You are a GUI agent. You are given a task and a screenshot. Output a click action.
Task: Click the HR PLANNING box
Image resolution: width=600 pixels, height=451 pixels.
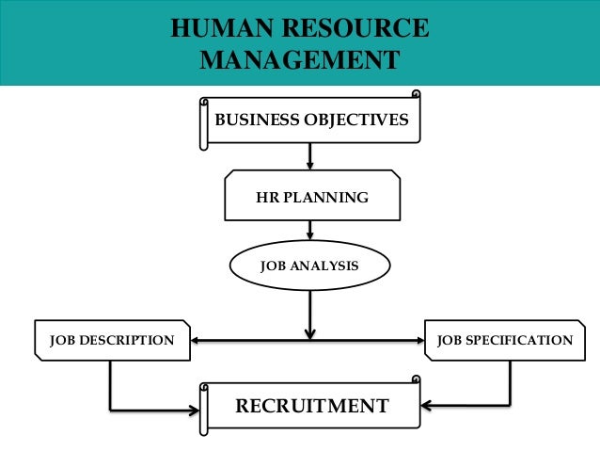point(312,198)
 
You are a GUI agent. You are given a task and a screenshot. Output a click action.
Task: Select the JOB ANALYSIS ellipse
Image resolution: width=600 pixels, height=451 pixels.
point(309,266)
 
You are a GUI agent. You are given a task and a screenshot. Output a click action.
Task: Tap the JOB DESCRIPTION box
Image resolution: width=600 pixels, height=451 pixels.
point(111,340)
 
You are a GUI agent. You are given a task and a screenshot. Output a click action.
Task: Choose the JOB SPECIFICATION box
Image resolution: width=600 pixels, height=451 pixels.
point(504,340)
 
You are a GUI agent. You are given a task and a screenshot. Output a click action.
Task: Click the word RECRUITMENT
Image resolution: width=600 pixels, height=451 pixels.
point(311,407)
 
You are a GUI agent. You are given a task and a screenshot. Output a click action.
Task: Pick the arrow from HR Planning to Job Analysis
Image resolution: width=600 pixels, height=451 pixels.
point(309,231)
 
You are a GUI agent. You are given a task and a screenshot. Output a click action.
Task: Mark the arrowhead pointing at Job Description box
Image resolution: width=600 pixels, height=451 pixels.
point(194,340)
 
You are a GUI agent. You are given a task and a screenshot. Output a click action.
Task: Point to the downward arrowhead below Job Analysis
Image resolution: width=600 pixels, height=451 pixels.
point(309,333)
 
